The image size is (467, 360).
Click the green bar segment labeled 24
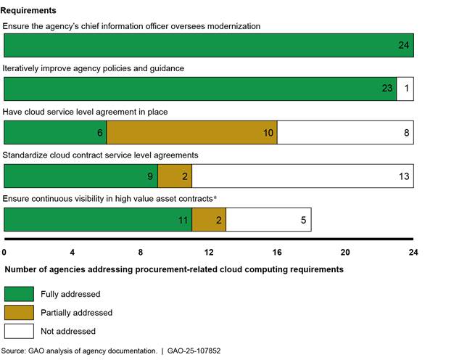209,45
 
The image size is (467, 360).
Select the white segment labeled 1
405,89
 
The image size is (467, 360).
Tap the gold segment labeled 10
191,132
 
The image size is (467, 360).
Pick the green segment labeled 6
55,132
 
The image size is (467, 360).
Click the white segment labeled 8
345,132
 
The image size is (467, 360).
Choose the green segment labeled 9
80,176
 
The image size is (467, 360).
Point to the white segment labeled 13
302,176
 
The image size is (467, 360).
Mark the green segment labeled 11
98,219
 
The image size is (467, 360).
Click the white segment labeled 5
268,219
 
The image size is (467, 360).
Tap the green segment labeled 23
200,89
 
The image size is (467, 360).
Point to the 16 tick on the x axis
277,253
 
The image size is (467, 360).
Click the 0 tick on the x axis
4,253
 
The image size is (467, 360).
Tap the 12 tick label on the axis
209,253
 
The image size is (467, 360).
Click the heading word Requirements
30,11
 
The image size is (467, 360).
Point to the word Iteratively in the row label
22,67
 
